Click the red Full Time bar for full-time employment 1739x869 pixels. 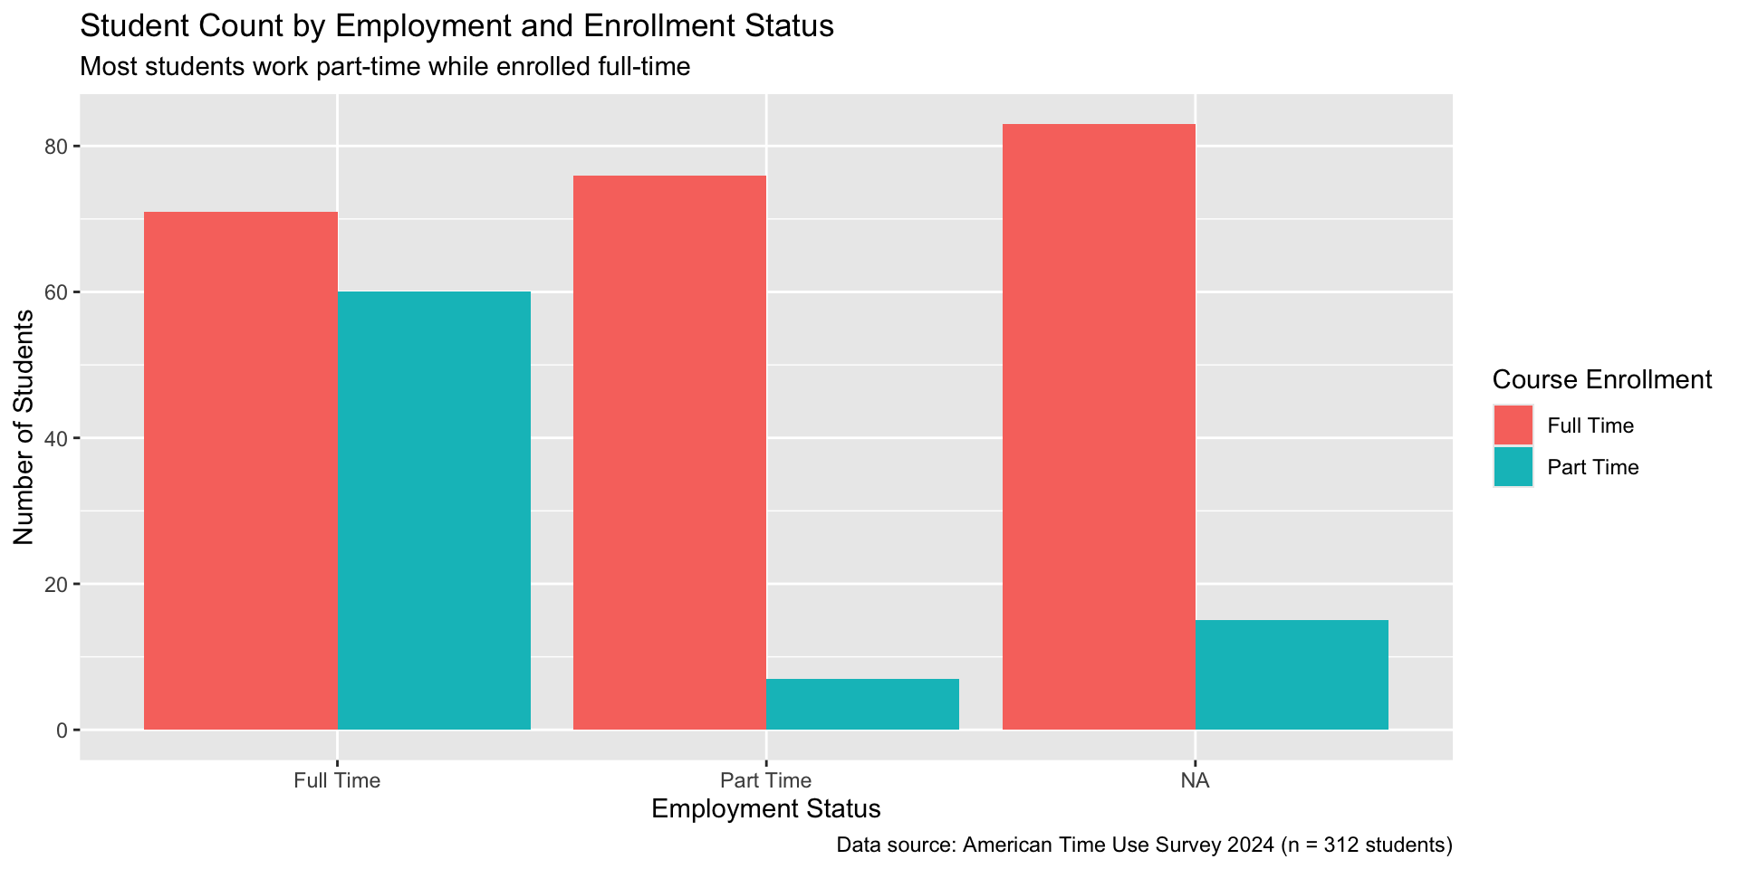[241, 471]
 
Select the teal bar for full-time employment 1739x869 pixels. [434, 511]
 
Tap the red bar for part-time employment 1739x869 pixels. [670, 453]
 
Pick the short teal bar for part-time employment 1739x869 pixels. [862, 704]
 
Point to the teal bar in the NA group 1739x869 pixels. [1292, 675]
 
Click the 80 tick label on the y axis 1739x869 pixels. [57, 147]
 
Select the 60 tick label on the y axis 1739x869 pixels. [57, 292]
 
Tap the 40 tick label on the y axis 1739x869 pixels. [57, 438]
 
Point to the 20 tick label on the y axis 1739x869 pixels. [57, 584]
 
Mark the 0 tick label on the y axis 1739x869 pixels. [62, 730]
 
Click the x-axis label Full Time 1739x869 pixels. [337, 780]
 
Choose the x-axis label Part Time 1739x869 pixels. [766, 780]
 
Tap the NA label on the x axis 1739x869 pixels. [1195, 780]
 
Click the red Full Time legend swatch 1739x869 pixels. [1513, 425]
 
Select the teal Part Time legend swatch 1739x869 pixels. [1513, 467]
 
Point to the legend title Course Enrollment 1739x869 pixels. [1601, 379]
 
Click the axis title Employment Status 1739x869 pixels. [766, 808]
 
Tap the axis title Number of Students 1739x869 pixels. [24, 427]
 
